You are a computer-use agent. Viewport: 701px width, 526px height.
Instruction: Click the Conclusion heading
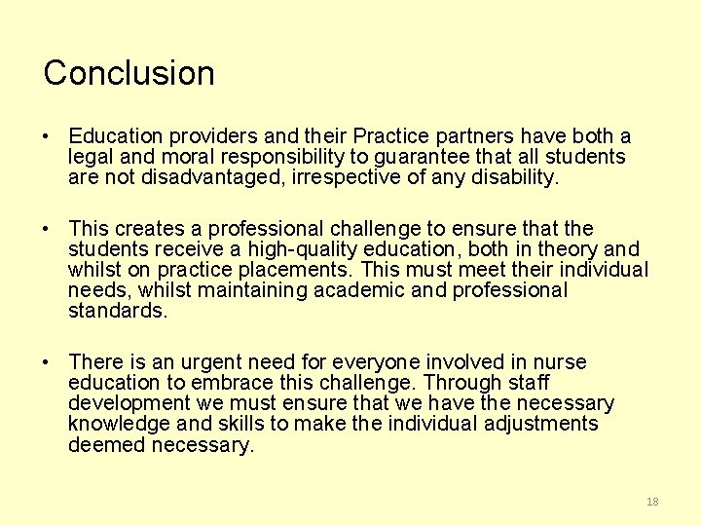click(x=129, y=73)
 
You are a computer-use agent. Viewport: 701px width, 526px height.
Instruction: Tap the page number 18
click(x=652, y=502)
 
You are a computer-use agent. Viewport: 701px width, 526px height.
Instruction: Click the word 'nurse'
click(x=560, y=362)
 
